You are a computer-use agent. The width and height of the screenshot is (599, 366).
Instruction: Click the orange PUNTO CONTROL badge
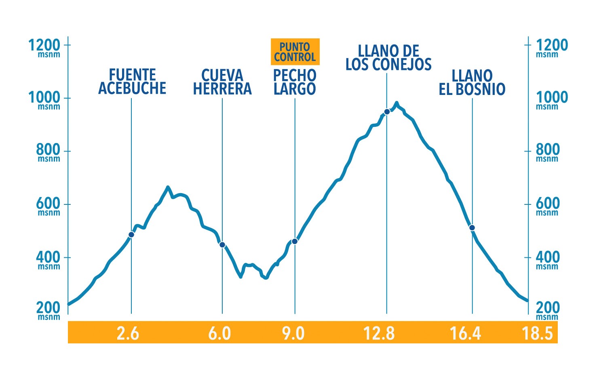(x=295, y=52)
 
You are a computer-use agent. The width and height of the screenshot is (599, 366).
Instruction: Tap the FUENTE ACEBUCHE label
(x=132, y=82)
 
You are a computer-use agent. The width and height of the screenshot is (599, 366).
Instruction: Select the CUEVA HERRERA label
(x=222, y=82)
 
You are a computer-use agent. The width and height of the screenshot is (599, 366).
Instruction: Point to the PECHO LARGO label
(x=295, y=82)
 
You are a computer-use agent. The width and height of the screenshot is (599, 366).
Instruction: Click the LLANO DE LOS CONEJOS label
(x=388, y=58)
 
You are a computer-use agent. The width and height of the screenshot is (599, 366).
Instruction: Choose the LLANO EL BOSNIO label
(x=472, y=83)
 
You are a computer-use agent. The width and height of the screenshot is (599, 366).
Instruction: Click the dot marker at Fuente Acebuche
(x=131, y=235)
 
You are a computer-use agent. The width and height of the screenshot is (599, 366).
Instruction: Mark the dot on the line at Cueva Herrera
(x=222, y=244)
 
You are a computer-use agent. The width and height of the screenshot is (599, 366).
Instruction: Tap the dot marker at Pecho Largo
(x=295, y=241)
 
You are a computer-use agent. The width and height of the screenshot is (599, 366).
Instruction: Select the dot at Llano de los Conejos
(x=387, y=112)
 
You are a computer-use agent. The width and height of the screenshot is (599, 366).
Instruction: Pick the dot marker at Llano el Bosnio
(x=472, y=228)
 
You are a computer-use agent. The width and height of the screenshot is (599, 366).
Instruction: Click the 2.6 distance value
(x=128, y=334)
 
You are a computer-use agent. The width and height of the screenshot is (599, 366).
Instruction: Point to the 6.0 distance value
(x=219, y=334)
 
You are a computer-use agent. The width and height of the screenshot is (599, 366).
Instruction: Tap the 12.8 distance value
(x=379, y=334)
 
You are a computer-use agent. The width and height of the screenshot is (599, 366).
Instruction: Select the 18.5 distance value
(x=537, y=334)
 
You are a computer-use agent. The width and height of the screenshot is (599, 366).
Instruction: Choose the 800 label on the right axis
(x=548, y=151)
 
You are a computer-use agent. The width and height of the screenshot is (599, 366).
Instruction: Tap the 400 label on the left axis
(x=48, y=258)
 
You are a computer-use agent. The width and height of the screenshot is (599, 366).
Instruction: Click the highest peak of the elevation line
(x=397, y=103)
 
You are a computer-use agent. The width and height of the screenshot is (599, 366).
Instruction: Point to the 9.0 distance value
(x=293, y=334)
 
